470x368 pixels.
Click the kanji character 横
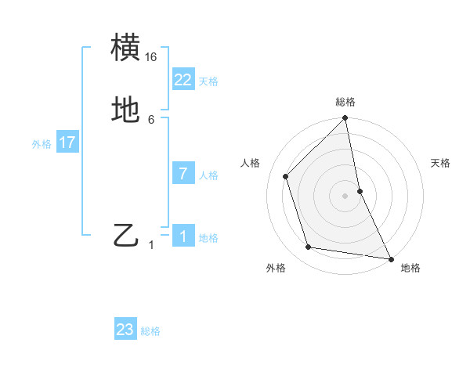coord(126,48)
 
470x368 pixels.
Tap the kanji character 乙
coord(126,235)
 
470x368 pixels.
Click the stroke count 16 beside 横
coord(151,57)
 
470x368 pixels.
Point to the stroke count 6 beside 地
coord(151,119)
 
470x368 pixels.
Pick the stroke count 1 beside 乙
coord(151,245)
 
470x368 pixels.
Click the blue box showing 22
coord(183,79)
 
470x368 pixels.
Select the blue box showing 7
coord(183,173)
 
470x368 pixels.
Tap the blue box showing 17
coord(67,143)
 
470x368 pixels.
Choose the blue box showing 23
coord(125,330)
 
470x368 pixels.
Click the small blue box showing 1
coord(183,236)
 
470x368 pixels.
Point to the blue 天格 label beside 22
coord(208,81)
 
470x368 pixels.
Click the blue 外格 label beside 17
coord(42,144)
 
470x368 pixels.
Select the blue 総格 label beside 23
coord(150,332)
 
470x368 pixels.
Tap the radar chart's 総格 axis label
coord(345,103)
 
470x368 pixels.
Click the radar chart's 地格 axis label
coord(410,268)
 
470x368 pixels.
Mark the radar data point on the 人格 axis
coord(286,176)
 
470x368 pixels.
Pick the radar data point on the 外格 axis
coord(309,247)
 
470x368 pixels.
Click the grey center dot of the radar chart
coord(345,196)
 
